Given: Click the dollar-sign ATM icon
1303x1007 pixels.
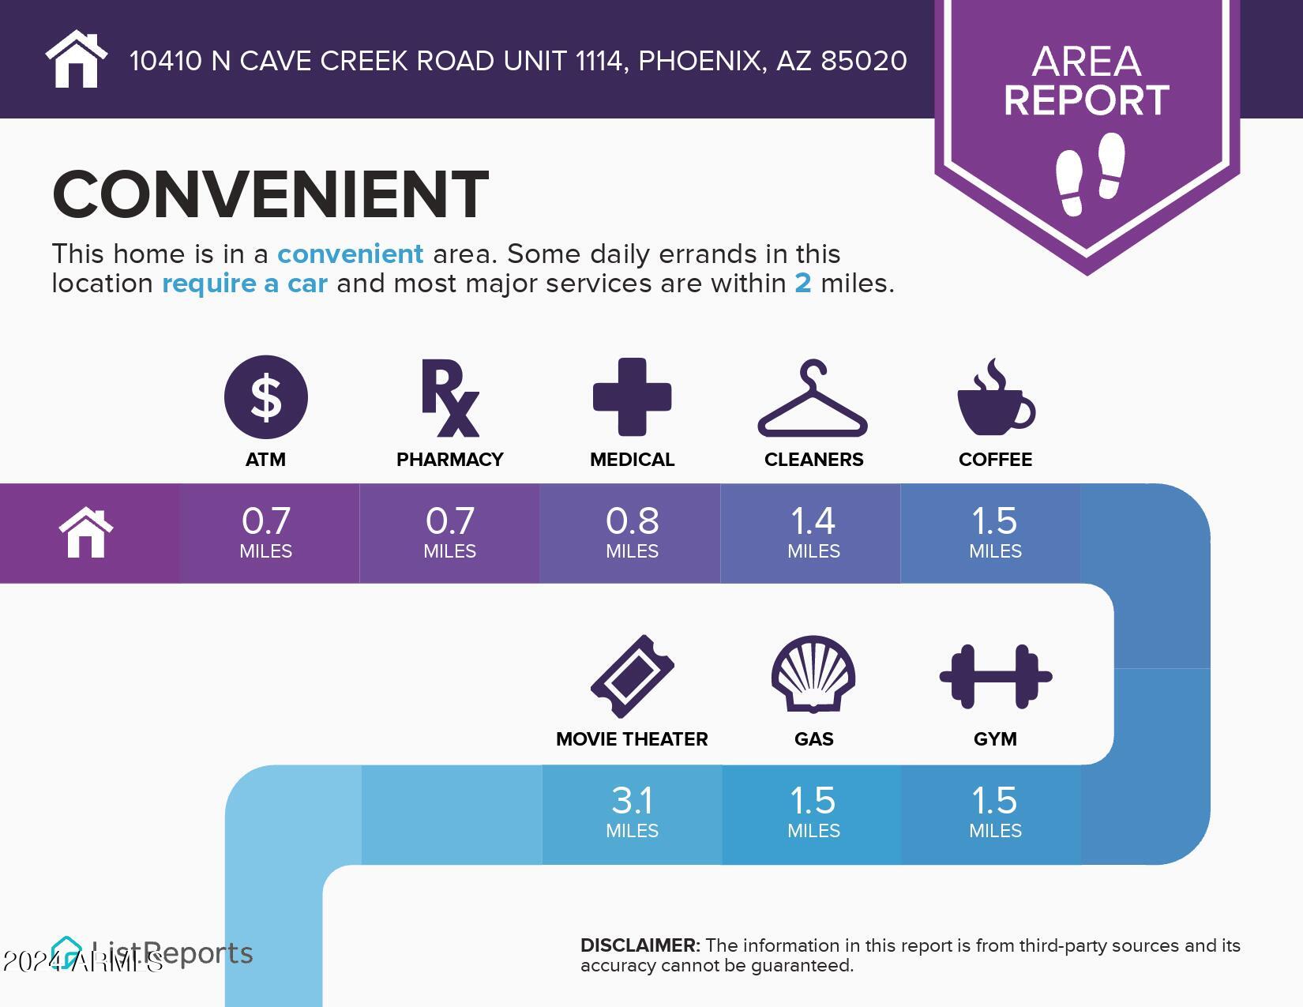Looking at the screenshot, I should coord(265,396).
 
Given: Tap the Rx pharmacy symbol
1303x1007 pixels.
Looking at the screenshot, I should coord(449,397).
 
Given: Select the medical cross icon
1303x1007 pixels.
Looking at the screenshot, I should coord(632,396).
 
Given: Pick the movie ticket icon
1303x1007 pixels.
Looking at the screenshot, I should coord(632,676).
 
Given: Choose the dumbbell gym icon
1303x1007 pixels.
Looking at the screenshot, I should coord(995,676).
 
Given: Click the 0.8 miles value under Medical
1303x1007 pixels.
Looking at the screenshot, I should coord(632,532).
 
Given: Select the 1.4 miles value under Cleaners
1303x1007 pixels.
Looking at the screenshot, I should coord(813,532).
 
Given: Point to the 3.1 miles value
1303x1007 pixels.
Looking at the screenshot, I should coord(632,811).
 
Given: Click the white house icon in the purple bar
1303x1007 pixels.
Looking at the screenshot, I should coord(86,533).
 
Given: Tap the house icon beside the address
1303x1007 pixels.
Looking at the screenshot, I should coord(76,59).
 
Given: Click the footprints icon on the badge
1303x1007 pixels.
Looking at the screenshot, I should coord(1090,174).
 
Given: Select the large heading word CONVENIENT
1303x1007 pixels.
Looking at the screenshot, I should coord(270,194).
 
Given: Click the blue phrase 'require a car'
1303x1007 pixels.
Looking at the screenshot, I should coord(245,284).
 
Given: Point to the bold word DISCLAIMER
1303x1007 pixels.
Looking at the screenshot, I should coord(640,945).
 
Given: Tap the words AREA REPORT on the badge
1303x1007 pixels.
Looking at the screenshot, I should coord(1087,81).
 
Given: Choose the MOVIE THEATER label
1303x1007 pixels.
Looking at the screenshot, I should coord(632,739).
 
